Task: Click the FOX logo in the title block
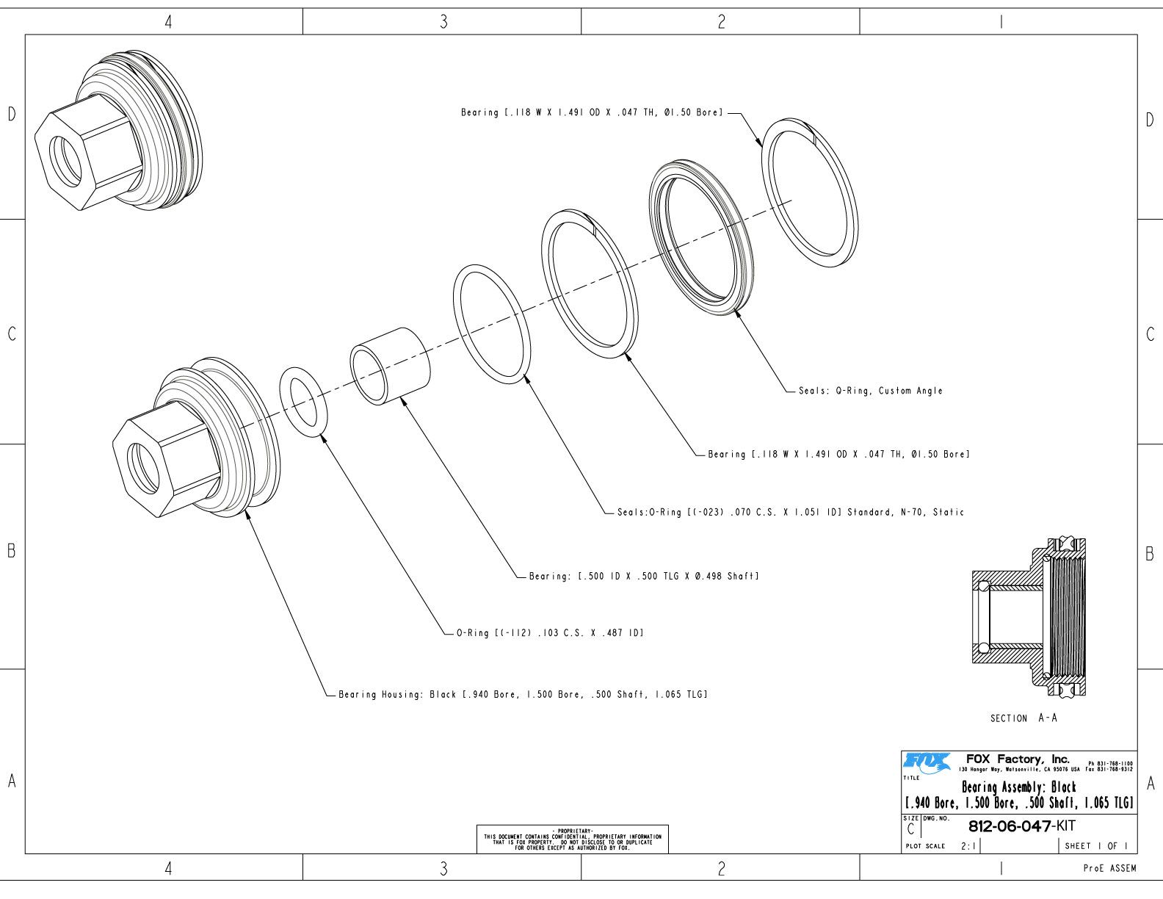pyautogui.click(x=927, y=761)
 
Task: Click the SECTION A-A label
pyautogui.click(x=1023, y=718)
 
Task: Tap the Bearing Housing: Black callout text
pyautogui.click(x=522, y=694)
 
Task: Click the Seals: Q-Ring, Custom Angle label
pyautogui.click(x=870, y=391)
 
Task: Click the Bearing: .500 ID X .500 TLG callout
pyautogui.click(x=643, y=576)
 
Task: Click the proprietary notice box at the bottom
pyautogui.click(x=573, y=839)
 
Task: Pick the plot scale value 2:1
pyautogui.click(x=968, y=846)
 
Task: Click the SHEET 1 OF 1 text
pyautogui.click(x=1095, y=846)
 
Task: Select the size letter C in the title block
pyautogui.click(x=910, y=830)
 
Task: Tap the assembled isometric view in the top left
pyautogui.click(x=117, y=132)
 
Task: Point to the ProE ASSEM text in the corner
pyautogui.click(x=1109, y=868)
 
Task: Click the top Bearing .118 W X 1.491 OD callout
pyautogui.click(x=592, y=113)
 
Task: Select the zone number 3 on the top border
pyautogui.click(x=443, y=22)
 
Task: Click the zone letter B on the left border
pyautogui.click(x=11, y=551)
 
